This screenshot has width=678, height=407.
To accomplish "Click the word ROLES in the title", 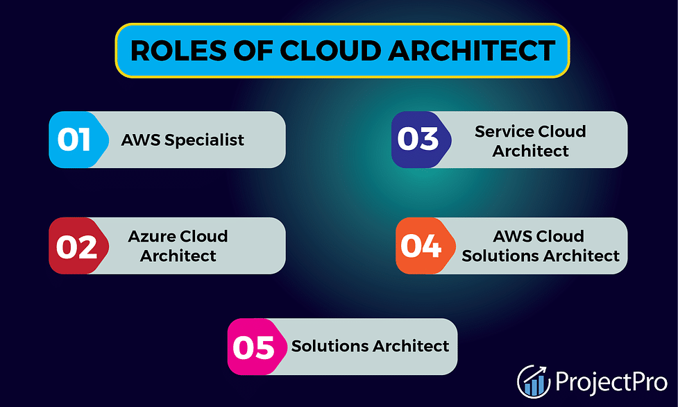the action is point(178,51).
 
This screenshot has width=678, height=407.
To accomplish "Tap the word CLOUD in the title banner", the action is point(330,51).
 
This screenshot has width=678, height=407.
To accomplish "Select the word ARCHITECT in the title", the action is point(472,51).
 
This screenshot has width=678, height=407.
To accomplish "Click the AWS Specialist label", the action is point(183,140).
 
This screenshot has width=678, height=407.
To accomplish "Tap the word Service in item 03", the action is point(505,131).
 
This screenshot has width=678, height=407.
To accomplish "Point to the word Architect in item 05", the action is point(410,346).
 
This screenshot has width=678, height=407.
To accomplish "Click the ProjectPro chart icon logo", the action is point(534,381).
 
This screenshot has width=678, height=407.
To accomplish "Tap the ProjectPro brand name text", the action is point(611,381).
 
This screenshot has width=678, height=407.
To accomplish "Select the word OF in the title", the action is point(253,51).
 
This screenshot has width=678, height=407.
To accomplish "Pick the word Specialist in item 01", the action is point(204,140).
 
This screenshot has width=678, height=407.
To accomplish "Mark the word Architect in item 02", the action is point(178,256).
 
